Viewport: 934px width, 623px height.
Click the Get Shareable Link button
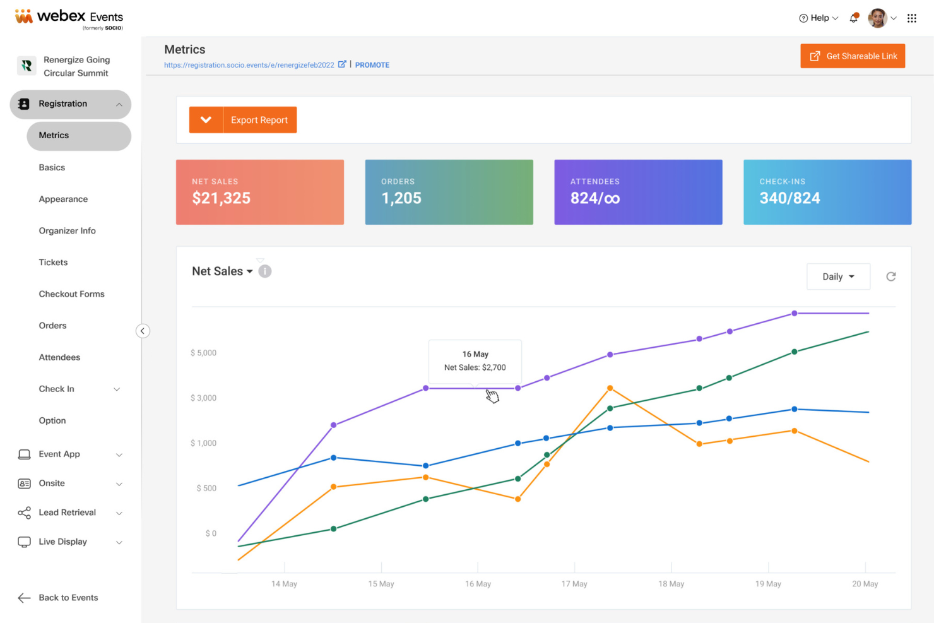[852, 56]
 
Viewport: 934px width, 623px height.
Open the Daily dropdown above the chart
[838, 276]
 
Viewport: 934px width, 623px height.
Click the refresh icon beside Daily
[890, 276]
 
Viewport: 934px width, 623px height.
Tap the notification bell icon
[854, 18]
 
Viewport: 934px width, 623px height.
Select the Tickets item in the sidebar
[53, 263]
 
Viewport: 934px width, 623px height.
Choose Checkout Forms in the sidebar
[72, 294]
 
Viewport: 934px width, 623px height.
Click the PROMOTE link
[372, 65]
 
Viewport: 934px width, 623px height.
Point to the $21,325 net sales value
[221, 198]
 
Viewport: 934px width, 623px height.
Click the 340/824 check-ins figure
[789, 198]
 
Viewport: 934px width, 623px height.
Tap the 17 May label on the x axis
[574, 584]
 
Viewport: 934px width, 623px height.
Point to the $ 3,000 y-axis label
[203, 398]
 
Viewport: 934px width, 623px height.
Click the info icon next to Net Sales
[265, 271]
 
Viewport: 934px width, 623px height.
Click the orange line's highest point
[610, 388]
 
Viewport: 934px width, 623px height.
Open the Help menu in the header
[818, 18]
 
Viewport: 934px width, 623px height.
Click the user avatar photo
[877, 18]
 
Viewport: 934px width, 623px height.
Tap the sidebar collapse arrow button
[143, 331]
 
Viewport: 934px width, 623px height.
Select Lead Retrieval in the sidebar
[67, 513]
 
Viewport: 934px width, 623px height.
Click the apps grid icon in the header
[912, 18]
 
